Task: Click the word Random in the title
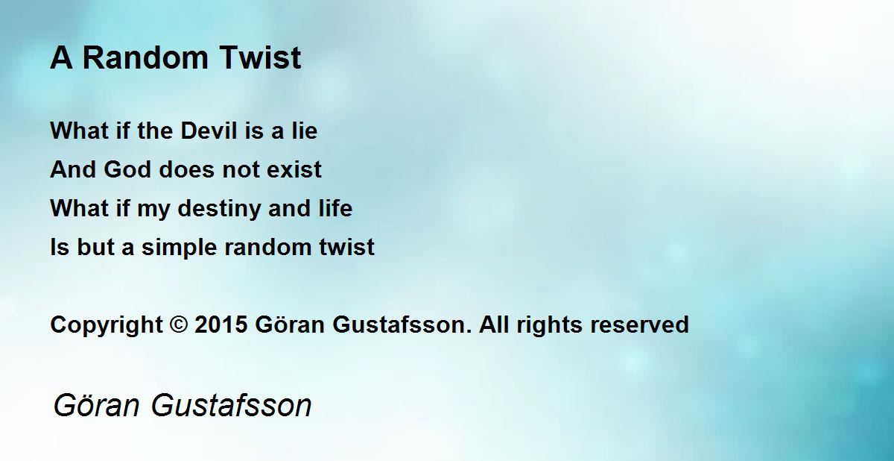click(145, 57)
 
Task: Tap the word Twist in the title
click(260, 57)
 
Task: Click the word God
click(127, 169)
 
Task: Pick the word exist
click(294, 169)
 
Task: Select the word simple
click(180, 247)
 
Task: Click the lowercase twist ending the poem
click(347, 246)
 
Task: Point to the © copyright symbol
click(178, 324)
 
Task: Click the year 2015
click(221, 324)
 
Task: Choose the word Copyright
click(107, 325)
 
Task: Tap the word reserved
click(639, 324)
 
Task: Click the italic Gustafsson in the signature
click(232, 405)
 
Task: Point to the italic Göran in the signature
click(96, 405)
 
